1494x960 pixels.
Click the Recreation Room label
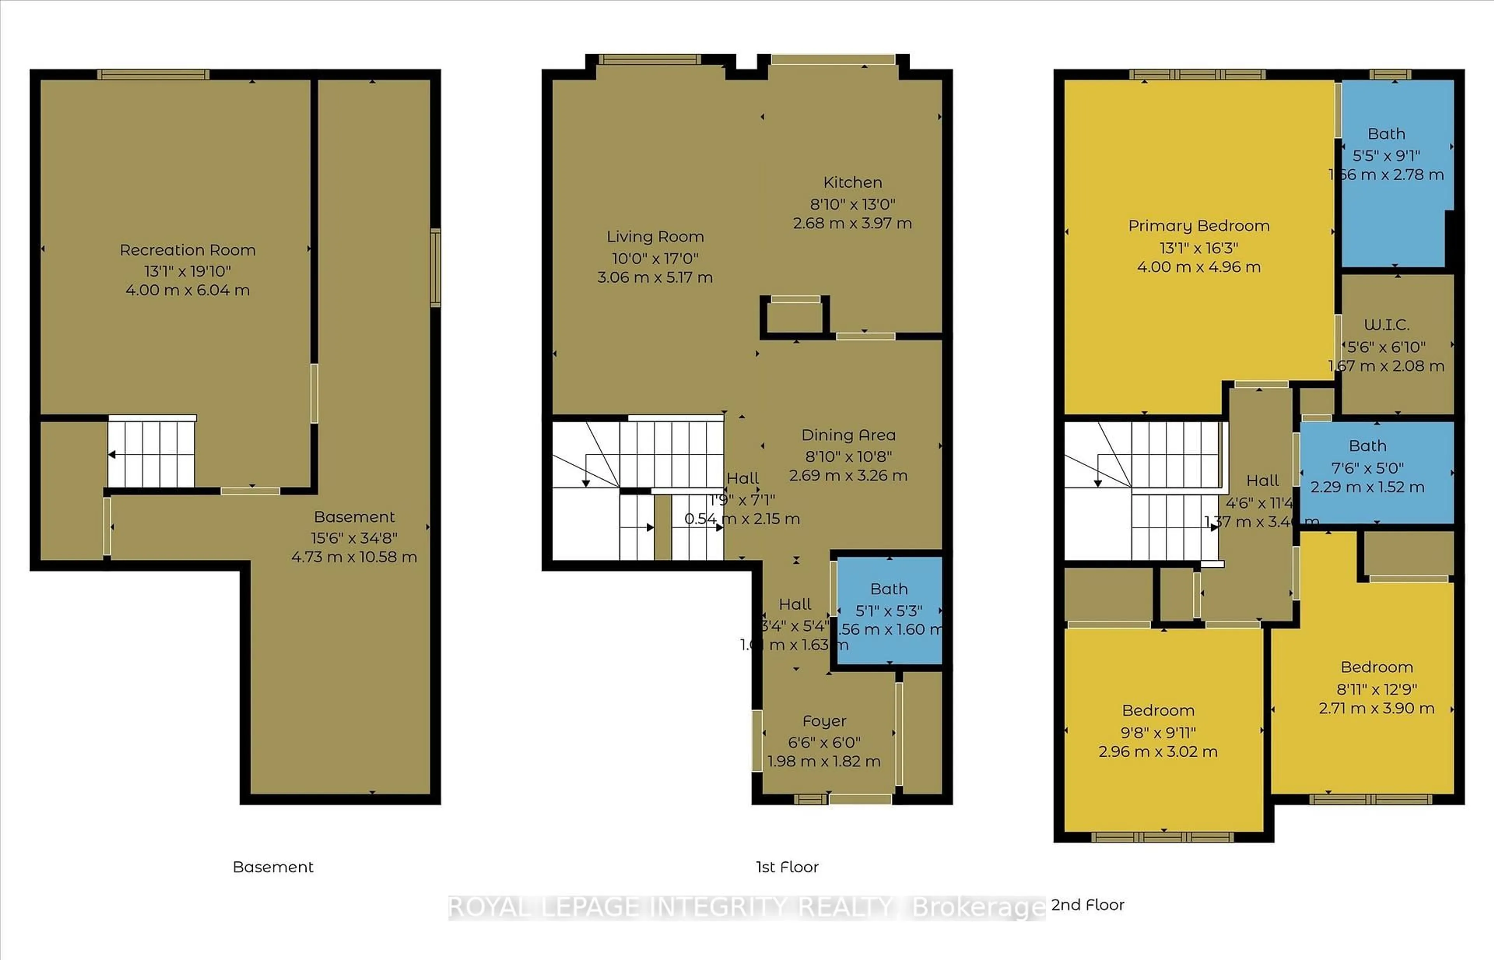click(188, 250)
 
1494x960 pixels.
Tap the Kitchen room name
click(852, 183)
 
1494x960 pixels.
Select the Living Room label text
click(655, 237)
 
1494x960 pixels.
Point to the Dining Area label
click(848, 435)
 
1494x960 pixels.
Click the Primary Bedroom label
click(1198, 226)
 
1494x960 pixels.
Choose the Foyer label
click(824, 721)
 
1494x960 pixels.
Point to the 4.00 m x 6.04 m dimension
click(188, 290)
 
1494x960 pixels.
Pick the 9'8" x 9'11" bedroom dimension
click(1157, 733)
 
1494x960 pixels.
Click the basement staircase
click(151, 453)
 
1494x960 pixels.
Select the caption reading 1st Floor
click(787, 867)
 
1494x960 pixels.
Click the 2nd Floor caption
click(1087, 905)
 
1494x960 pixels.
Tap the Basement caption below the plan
click(273, 867)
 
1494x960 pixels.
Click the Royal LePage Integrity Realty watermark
click(746, 907)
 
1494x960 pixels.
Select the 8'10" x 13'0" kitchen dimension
click(852, 204)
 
